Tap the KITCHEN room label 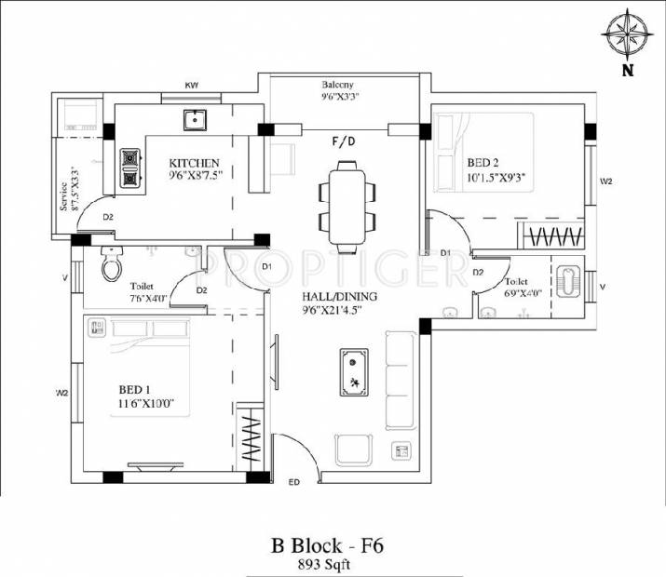pyautogui.click(x=194, y=162)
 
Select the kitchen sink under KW pyautogui.click(x=196, y=120)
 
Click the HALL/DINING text pyautogui.click(x=339, y=298)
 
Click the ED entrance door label pyautogui.click(x=294, y=482)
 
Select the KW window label pyautogui.click(x=192, y=86)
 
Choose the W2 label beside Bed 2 pyautogui.click(x=605, y=181)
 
